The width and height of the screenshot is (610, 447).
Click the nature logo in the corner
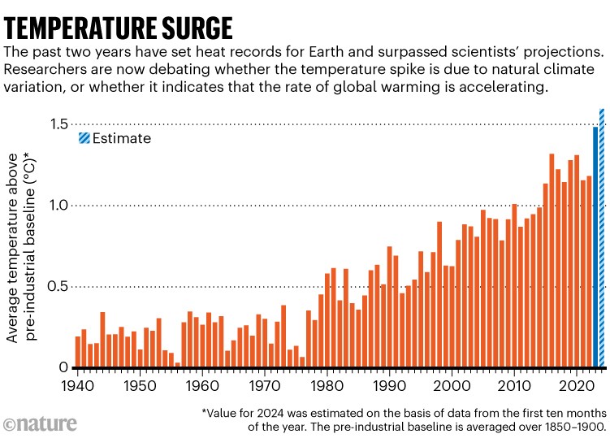41,423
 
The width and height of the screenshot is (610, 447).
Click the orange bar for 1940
78,352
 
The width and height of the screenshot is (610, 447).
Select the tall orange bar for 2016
552,261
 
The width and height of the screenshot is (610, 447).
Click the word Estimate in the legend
121,138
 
